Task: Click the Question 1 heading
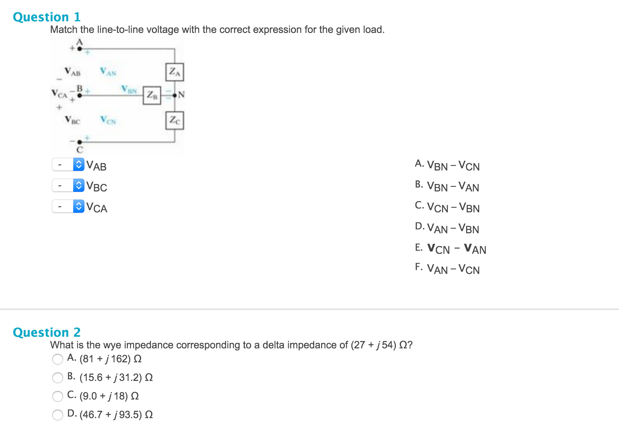pos(47,17)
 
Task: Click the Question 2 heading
pos(47,332)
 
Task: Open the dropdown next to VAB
pos(68,164)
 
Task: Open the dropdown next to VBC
pos(68,185)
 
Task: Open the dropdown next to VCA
pos(68,206)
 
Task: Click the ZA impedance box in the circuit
pos(175,72)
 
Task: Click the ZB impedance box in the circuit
pos(152,95)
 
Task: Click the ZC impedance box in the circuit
pos(175,121)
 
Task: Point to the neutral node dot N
pos(175,96)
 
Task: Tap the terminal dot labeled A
pos(79,49)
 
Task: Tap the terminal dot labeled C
pos(79,142)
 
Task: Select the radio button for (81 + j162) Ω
pos(57,359)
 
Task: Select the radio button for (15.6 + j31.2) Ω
pos(57,377)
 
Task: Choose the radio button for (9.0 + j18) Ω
pos(57,396)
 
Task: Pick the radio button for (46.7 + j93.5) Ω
pos(57,415)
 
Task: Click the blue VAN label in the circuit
pos(108,72)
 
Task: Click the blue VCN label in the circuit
pos(108,120)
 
